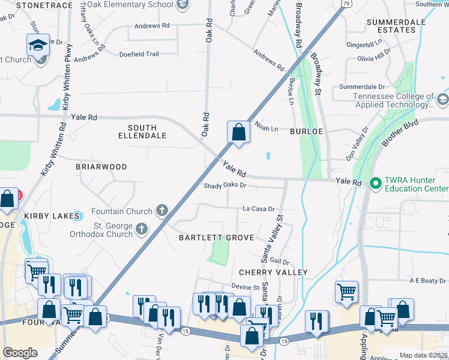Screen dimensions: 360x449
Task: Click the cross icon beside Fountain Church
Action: tap(161, 211)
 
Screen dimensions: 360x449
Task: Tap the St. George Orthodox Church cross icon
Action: tap(142, 229)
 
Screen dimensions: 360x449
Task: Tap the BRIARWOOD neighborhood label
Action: tap(101, 167)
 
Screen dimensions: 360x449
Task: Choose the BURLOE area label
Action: tap(307, 130)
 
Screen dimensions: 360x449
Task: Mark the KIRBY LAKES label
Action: tap(52, 215)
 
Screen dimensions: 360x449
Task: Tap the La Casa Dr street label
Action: tap(258, 209)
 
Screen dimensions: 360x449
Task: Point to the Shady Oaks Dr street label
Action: tap(224, 185)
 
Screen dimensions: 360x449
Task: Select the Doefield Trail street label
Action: tap(139, 54)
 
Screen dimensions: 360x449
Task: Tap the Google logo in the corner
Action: tap(20, 352)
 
